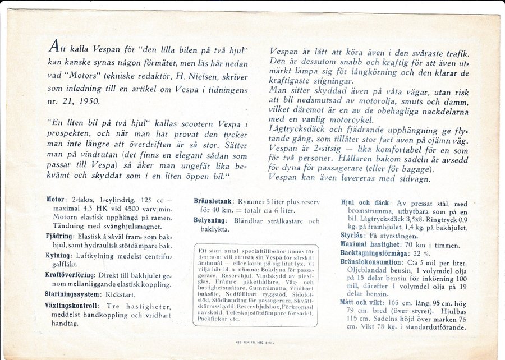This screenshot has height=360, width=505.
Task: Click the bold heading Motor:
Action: coord(57,199)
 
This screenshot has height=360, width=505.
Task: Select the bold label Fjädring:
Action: coord(60,236)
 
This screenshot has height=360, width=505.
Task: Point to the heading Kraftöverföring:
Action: coord(71,275)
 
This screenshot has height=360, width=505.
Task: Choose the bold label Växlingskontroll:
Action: coord(72,306)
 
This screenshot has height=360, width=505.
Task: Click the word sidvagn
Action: coord(412,179)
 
